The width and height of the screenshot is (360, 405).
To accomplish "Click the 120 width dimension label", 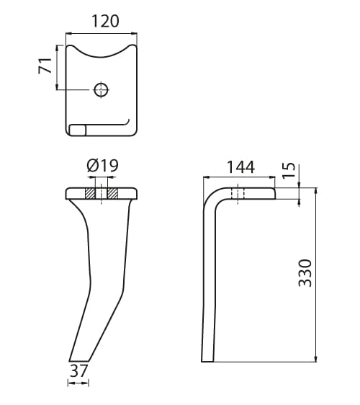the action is [x=105, y=21].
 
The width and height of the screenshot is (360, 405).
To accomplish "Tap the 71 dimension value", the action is [x=45, y=66].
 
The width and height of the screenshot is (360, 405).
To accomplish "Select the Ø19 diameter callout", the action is [x=103, y=165].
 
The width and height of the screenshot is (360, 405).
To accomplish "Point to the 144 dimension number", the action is [x=240, y=167].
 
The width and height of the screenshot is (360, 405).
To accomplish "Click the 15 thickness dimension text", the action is [x=289, y=169].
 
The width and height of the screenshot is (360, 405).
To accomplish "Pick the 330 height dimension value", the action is [x=305, y=273].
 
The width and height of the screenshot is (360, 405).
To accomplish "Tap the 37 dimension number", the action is [x=78, y=370].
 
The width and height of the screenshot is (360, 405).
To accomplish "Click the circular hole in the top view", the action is [x=101, y=89].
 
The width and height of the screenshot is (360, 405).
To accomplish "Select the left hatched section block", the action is [x=90, y=194].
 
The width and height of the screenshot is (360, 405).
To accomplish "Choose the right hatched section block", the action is [x=112, y=194].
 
